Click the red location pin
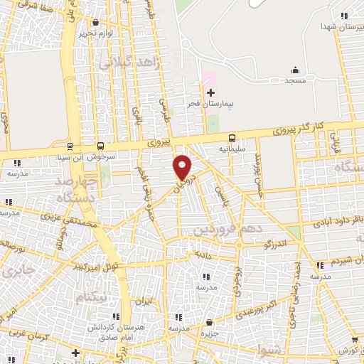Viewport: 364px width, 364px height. pos(183,167)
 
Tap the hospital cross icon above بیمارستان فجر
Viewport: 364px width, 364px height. pos(210,92)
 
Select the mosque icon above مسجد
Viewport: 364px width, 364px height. pos(296,70)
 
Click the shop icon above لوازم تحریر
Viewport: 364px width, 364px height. pos(95,23)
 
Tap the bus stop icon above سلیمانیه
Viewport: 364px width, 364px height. pos(231,139)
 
